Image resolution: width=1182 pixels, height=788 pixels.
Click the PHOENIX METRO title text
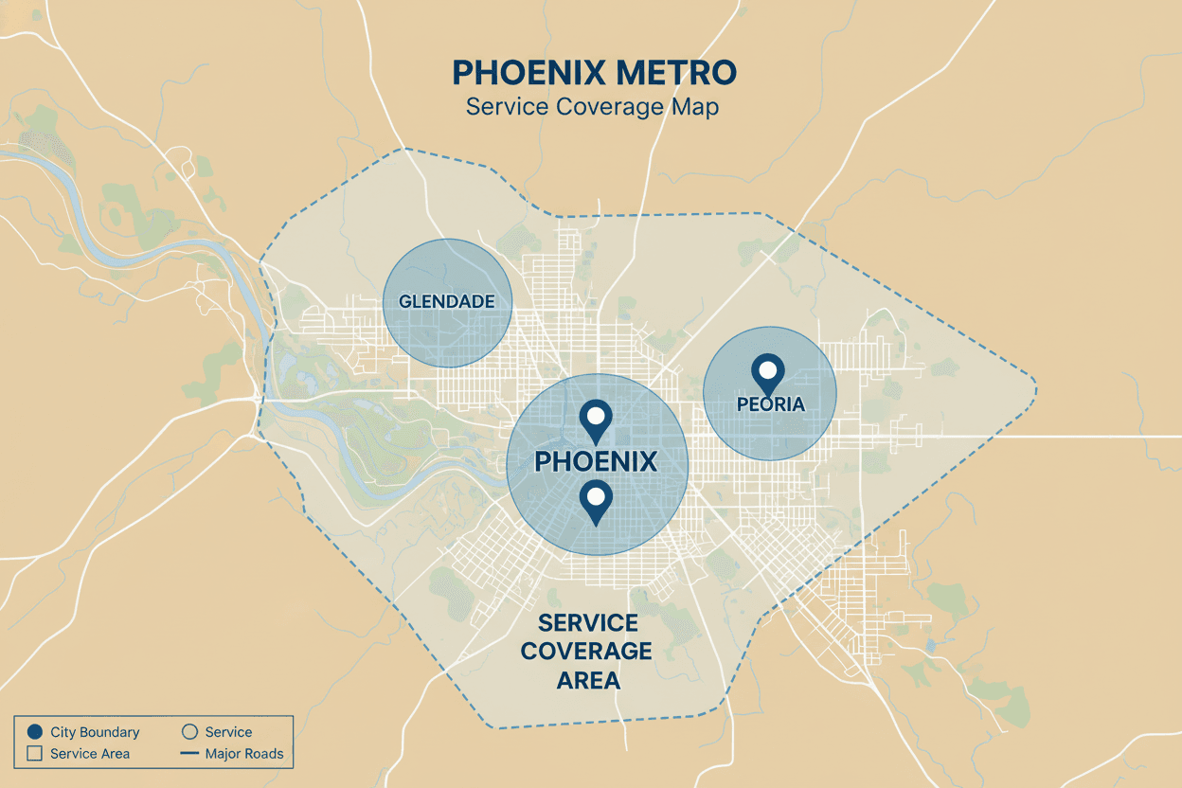(x=593, y=72)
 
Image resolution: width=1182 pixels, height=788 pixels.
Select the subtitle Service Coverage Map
(x=593, y=106)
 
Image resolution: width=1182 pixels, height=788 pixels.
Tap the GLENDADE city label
(x=447, y=302)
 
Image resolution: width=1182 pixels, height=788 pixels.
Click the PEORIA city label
(x=770, y=404)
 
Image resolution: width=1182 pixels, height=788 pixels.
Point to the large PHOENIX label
(x=596, y=462)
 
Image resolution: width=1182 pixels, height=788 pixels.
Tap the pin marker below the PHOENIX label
(x=596, y=499)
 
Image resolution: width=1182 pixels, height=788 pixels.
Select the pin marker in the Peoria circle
(x=767, y=372)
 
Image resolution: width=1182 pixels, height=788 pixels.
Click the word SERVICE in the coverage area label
(x=587, y=623)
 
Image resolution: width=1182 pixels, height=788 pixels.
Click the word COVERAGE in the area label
(x=587, y=652)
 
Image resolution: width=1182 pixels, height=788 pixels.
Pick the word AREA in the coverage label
(x=587, y=680)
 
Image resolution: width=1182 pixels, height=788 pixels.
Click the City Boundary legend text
(x=95, y=732)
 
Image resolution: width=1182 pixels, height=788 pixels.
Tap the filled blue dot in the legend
(x=36, y=732)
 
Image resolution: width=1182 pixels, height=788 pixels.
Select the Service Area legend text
(x=90, y=754)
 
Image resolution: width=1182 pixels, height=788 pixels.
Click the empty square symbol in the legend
(x=36, y=754)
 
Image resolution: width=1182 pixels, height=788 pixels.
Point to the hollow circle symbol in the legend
(x=188, y=732)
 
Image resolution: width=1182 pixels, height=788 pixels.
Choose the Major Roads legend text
(x=244, y=754)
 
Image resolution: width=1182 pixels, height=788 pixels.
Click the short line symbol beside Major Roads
(x=188, y=754)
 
